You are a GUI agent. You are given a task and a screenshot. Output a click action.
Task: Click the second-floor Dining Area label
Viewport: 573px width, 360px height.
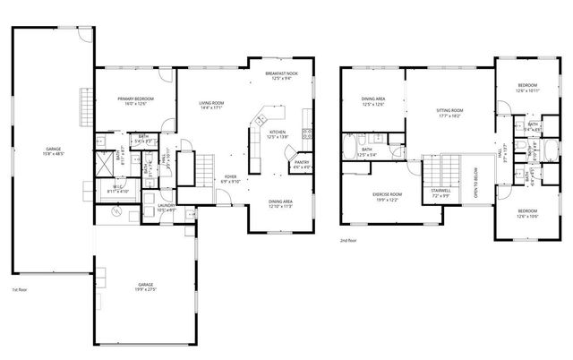point(373,101)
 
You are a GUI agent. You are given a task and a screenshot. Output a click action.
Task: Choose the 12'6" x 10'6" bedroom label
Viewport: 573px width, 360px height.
point(526,214)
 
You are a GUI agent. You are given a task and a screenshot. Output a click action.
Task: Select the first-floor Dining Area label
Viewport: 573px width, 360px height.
point(283,204)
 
